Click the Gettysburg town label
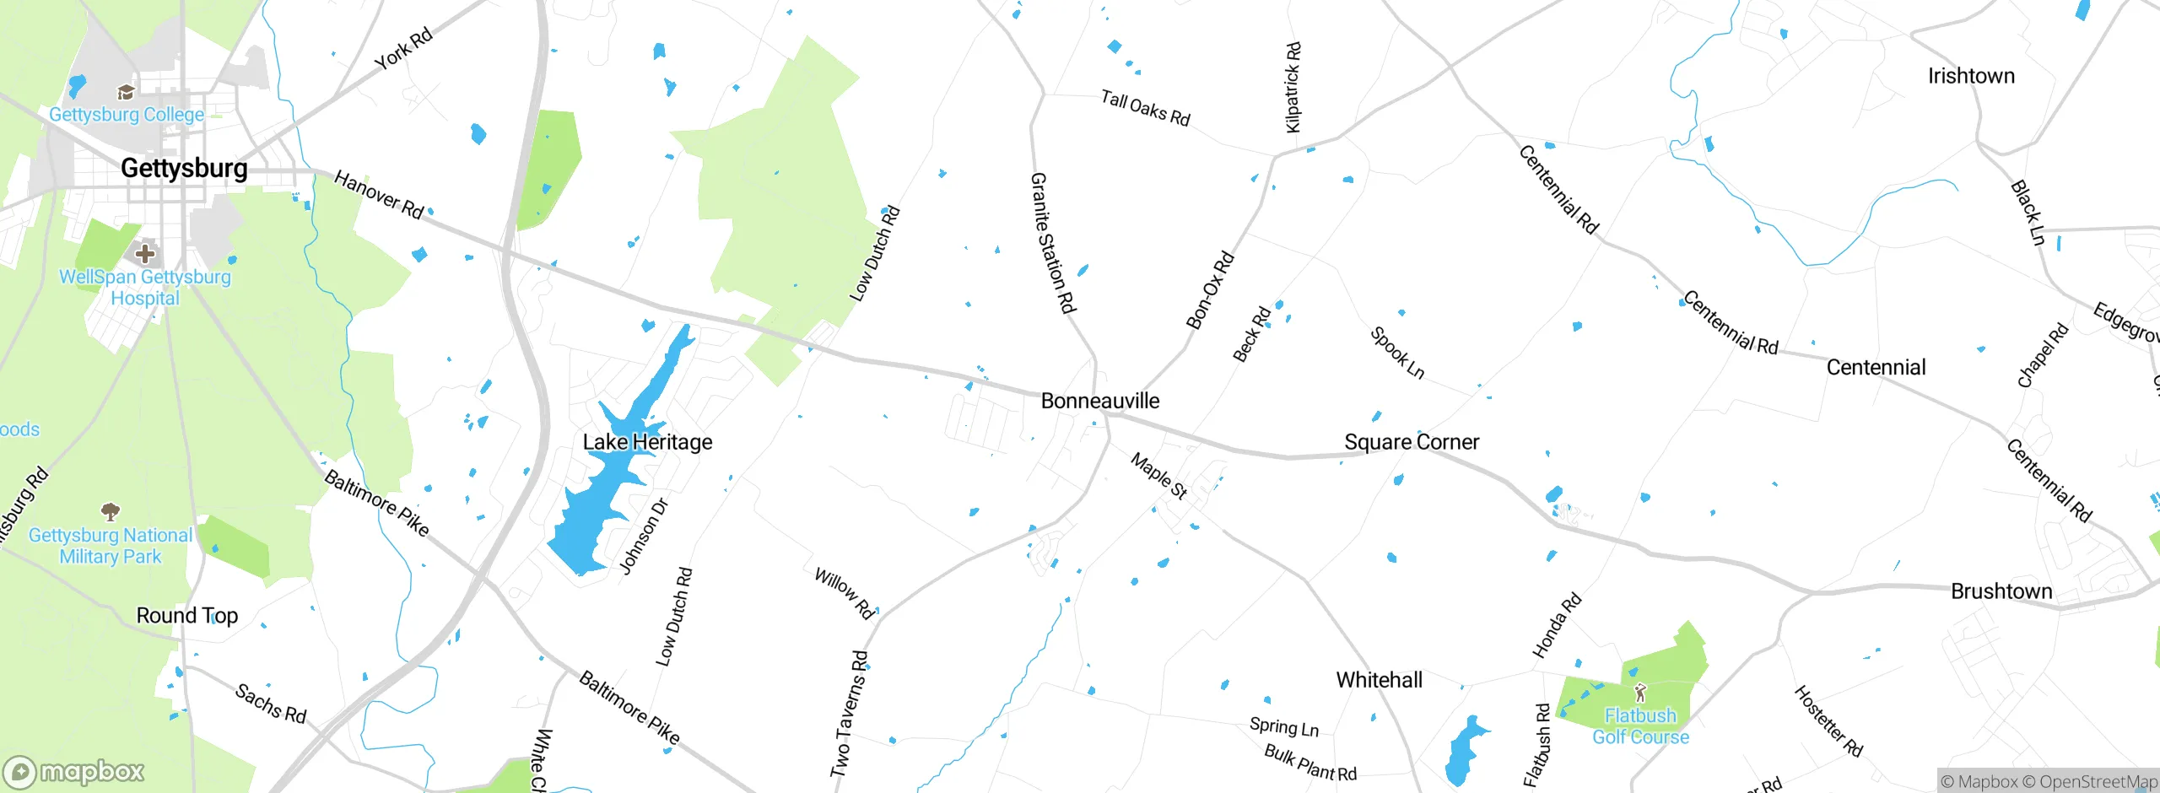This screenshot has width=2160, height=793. click(184, 168)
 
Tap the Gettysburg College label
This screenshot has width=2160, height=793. click(127, 115)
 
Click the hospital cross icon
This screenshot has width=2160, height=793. click(145, 253)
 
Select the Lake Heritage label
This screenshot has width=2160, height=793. click(647, 442)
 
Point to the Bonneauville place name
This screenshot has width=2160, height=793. click(1100, 401)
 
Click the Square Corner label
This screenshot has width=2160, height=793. click(1411, 442)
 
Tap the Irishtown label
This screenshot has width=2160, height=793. click(1971, 76)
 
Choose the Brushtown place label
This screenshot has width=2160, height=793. click(2001, 591)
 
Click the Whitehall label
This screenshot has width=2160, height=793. click(1379, 680)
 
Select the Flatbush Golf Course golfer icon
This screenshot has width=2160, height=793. click(1640, 693)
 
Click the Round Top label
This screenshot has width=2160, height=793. click(187, 616)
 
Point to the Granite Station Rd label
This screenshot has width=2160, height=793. click(1053, 243)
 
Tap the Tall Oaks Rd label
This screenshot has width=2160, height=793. click(1145, 109)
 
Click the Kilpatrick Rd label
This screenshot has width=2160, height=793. click(1293, 88)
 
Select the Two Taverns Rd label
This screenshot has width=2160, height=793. click(849, 714)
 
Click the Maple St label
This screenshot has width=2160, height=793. click(1159, 476)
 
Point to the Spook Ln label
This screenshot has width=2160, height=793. click(1397, 353)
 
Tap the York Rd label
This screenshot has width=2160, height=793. click(403, 48)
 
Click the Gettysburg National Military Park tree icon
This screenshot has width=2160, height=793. click(111, 511)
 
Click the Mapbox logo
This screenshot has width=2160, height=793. click(74, 771)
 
